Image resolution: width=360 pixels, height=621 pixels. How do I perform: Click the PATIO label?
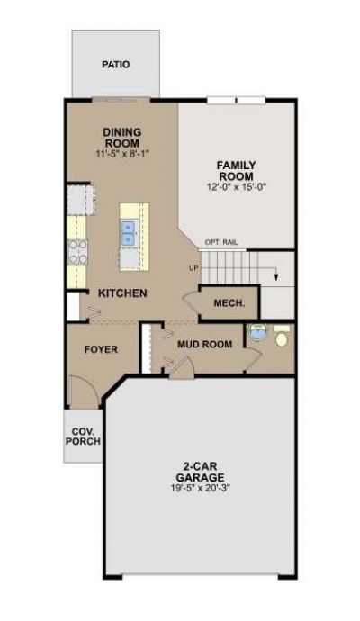(115, 64)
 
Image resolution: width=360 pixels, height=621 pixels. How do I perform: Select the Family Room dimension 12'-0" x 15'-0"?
(237, 186)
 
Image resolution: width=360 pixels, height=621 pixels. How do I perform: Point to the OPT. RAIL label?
(221, 242)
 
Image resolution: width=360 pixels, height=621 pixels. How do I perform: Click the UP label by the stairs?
(194, 268)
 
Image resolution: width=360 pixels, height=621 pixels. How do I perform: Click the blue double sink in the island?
(128, 233)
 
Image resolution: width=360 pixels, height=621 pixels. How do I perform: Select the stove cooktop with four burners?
(77, 252)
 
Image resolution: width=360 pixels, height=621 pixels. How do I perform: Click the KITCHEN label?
(122, 293)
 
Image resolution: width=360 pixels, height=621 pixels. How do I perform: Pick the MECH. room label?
(229, 303)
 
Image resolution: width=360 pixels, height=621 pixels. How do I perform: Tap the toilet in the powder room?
(282, 337)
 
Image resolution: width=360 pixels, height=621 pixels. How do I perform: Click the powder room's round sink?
(257, 332)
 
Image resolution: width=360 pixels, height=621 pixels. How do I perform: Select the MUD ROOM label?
(205, 344)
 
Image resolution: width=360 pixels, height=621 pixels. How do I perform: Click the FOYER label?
(101, 350)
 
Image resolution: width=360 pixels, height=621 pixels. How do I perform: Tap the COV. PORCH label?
(83, 436)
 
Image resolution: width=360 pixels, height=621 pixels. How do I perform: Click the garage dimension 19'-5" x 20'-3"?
(201, 488)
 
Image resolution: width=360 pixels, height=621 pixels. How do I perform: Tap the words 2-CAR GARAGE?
(200, 472)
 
